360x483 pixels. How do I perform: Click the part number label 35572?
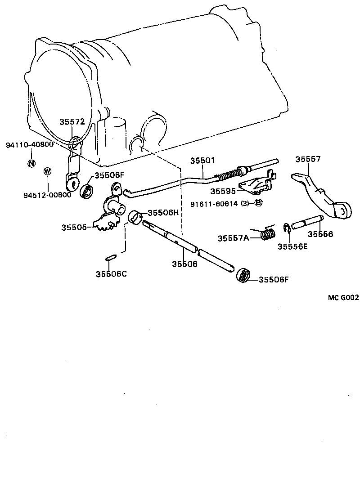coord(72,122)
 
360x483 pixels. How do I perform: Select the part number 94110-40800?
coord(30,145)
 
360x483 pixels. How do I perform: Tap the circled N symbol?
coord(31,163)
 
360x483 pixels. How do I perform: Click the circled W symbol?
coord(47,171)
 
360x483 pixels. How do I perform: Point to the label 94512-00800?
coord(48,195)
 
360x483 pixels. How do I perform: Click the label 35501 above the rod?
coord(202,161)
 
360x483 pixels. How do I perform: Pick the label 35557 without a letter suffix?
coord(308,159)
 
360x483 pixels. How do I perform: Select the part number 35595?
coord(223,191)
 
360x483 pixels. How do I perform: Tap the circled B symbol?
coord(258,203)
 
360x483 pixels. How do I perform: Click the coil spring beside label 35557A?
coord(269,234)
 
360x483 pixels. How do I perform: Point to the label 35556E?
coord(292,246)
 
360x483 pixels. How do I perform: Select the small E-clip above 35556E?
coord(286,229)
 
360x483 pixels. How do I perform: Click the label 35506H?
coord(163,213)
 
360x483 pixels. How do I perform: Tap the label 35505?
coord(74,228)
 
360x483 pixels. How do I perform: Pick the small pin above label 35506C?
coord(111,258)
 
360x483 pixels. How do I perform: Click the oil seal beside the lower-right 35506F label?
coord(243,275)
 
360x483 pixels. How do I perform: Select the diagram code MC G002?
coord(343,297)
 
